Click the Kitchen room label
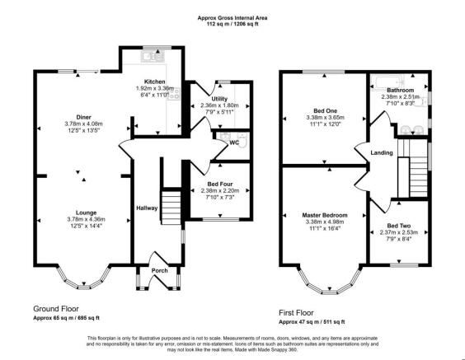(x=154, y=82)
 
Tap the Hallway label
(x=147, y=208)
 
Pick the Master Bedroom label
(x=324, y=214)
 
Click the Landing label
(x=381, y=152)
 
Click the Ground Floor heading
(x=59, y=308)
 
